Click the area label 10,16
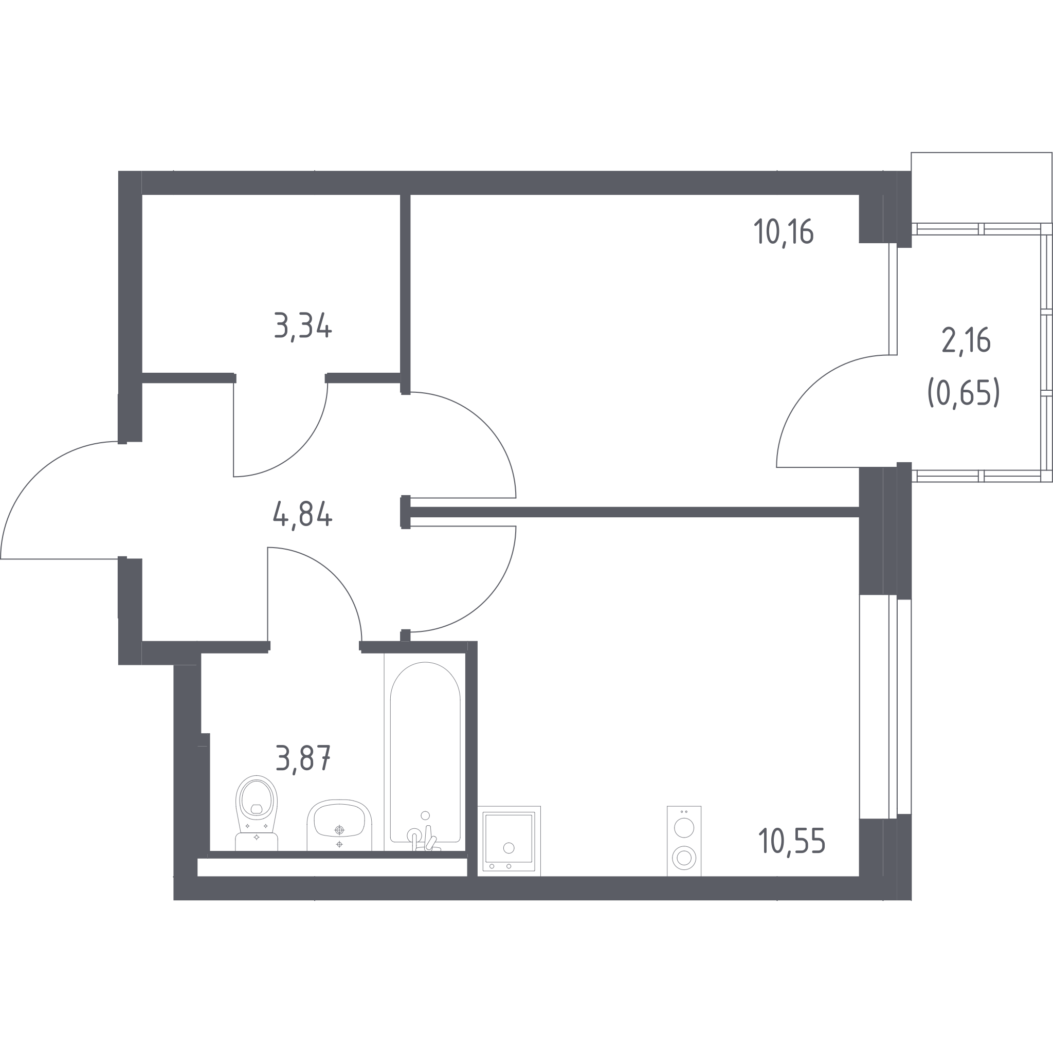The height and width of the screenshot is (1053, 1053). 784,232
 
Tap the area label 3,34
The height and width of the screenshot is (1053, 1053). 303,326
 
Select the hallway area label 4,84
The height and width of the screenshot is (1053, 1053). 302,515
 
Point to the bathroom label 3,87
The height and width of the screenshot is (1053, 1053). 303,758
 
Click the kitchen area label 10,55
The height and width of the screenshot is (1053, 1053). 791,841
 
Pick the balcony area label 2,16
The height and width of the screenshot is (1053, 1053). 966,341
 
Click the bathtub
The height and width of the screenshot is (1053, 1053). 425,752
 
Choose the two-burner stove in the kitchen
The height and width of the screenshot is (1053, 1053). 684,841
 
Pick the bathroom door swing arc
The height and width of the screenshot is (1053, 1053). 334,574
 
